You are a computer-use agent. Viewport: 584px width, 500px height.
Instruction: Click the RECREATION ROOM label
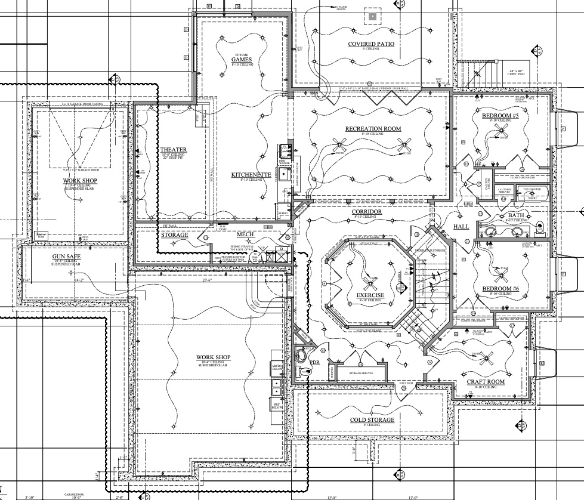point(373,129)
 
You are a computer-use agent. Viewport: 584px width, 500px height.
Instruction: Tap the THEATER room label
point(174,150)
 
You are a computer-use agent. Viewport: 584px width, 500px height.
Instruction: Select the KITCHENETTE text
point(252,175)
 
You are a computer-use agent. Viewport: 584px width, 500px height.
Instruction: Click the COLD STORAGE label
point(373,420)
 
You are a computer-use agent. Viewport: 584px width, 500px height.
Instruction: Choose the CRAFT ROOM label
point(486,382)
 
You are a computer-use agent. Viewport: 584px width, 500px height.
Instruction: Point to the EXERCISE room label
point(370,296)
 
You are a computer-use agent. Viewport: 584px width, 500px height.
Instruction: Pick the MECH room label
point(245,234)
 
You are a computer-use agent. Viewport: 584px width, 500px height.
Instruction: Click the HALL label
point(461,227)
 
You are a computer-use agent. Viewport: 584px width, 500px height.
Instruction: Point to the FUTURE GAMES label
point(242,60)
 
